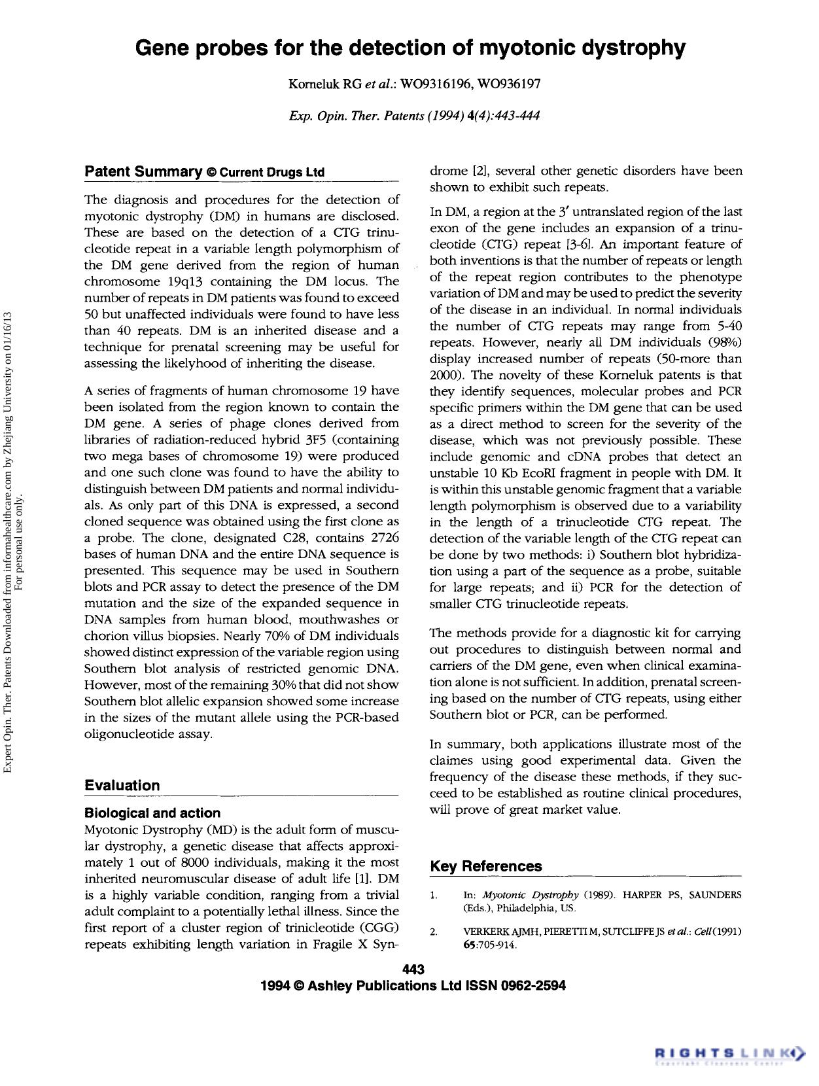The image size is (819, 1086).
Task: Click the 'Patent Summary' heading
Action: [143, 172]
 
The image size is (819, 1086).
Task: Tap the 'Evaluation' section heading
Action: [122, 785]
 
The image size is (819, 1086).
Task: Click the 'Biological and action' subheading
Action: [152, 813]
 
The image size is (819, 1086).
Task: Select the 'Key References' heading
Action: [486, 866]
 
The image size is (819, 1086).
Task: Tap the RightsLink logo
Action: [729, 1051]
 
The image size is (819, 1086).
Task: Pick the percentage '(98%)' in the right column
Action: [725, 342]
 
